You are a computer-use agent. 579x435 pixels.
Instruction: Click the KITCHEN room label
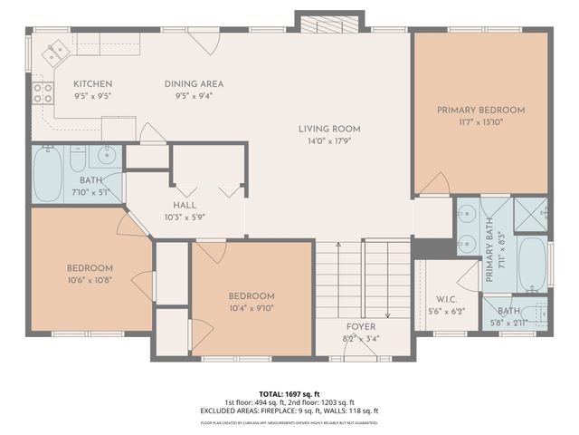coord(92,84)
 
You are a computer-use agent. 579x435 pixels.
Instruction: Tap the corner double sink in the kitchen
coord(54,49)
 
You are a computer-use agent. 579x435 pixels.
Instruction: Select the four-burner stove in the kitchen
coord(43,92)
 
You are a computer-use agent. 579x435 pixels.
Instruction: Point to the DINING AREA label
coord(194,84)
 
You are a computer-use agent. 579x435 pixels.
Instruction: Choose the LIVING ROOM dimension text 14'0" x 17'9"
coord(328,140)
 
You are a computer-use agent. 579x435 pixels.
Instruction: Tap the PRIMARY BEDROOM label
coord(480,110)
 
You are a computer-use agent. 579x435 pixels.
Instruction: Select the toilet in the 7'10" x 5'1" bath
coord(78,159)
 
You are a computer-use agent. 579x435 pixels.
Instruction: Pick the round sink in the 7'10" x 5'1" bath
coord(106,154)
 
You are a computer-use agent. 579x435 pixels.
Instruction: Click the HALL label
coord(185,206)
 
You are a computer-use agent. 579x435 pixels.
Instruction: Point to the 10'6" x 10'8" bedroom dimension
coord(90,280)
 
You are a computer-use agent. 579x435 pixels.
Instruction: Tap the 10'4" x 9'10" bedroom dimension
coord(251,308)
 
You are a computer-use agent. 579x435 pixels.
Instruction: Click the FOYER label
coord(360,326)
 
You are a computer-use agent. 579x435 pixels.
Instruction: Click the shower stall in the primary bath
coord(530,214)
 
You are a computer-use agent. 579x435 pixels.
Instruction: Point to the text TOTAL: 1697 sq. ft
coord(289,395)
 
